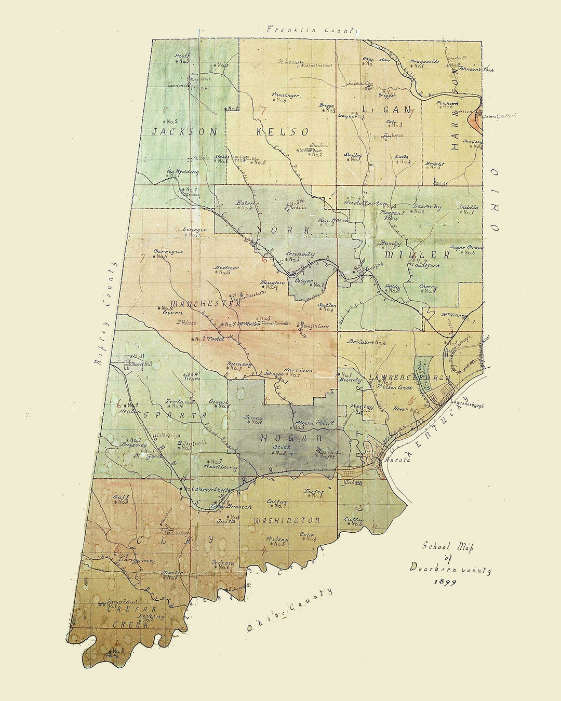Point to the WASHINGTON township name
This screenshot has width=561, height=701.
click(287, 520)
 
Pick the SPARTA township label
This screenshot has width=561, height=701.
click(175, 415)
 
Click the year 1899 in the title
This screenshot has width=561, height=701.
click(445, 582)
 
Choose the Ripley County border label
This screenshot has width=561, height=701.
click(105, 314)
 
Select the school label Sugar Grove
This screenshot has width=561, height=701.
click(466, 247)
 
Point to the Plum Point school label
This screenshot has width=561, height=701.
click(312, 423)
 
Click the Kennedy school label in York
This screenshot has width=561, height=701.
click(300, 254)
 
